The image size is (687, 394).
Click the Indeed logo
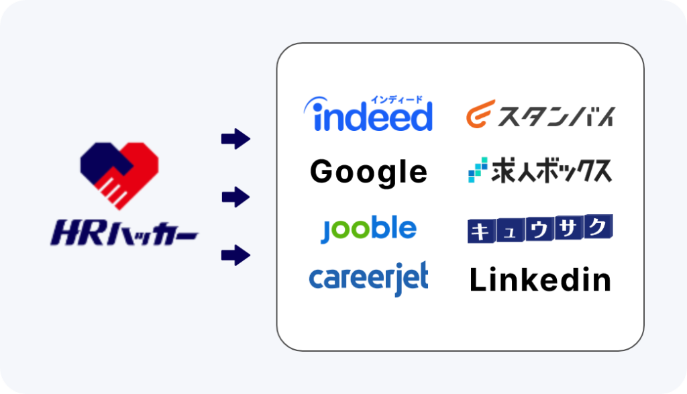point(368,113)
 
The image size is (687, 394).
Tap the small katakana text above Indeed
point(397,99)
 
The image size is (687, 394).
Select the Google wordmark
point(368,173)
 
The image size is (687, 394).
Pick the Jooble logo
point(368,228)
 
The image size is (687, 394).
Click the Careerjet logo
point(368,279)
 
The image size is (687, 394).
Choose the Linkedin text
point(540,280)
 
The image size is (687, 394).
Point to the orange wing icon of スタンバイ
point(480,114)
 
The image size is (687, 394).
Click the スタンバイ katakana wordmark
point(556,117)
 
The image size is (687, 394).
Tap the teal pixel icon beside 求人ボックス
point(478,170)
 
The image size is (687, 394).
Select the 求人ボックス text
point(551,170)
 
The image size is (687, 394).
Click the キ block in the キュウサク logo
point(482,231)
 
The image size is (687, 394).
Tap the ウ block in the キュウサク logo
point(539,229)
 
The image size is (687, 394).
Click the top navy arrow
point(235,139)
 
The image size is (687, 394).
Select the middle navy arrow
point(235,197)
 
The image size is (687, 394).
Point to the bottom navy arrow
point(235,255)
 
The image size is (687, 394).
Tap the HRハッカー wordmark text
point(124,233)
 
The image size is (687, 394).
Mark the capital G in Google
point(321,171)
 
